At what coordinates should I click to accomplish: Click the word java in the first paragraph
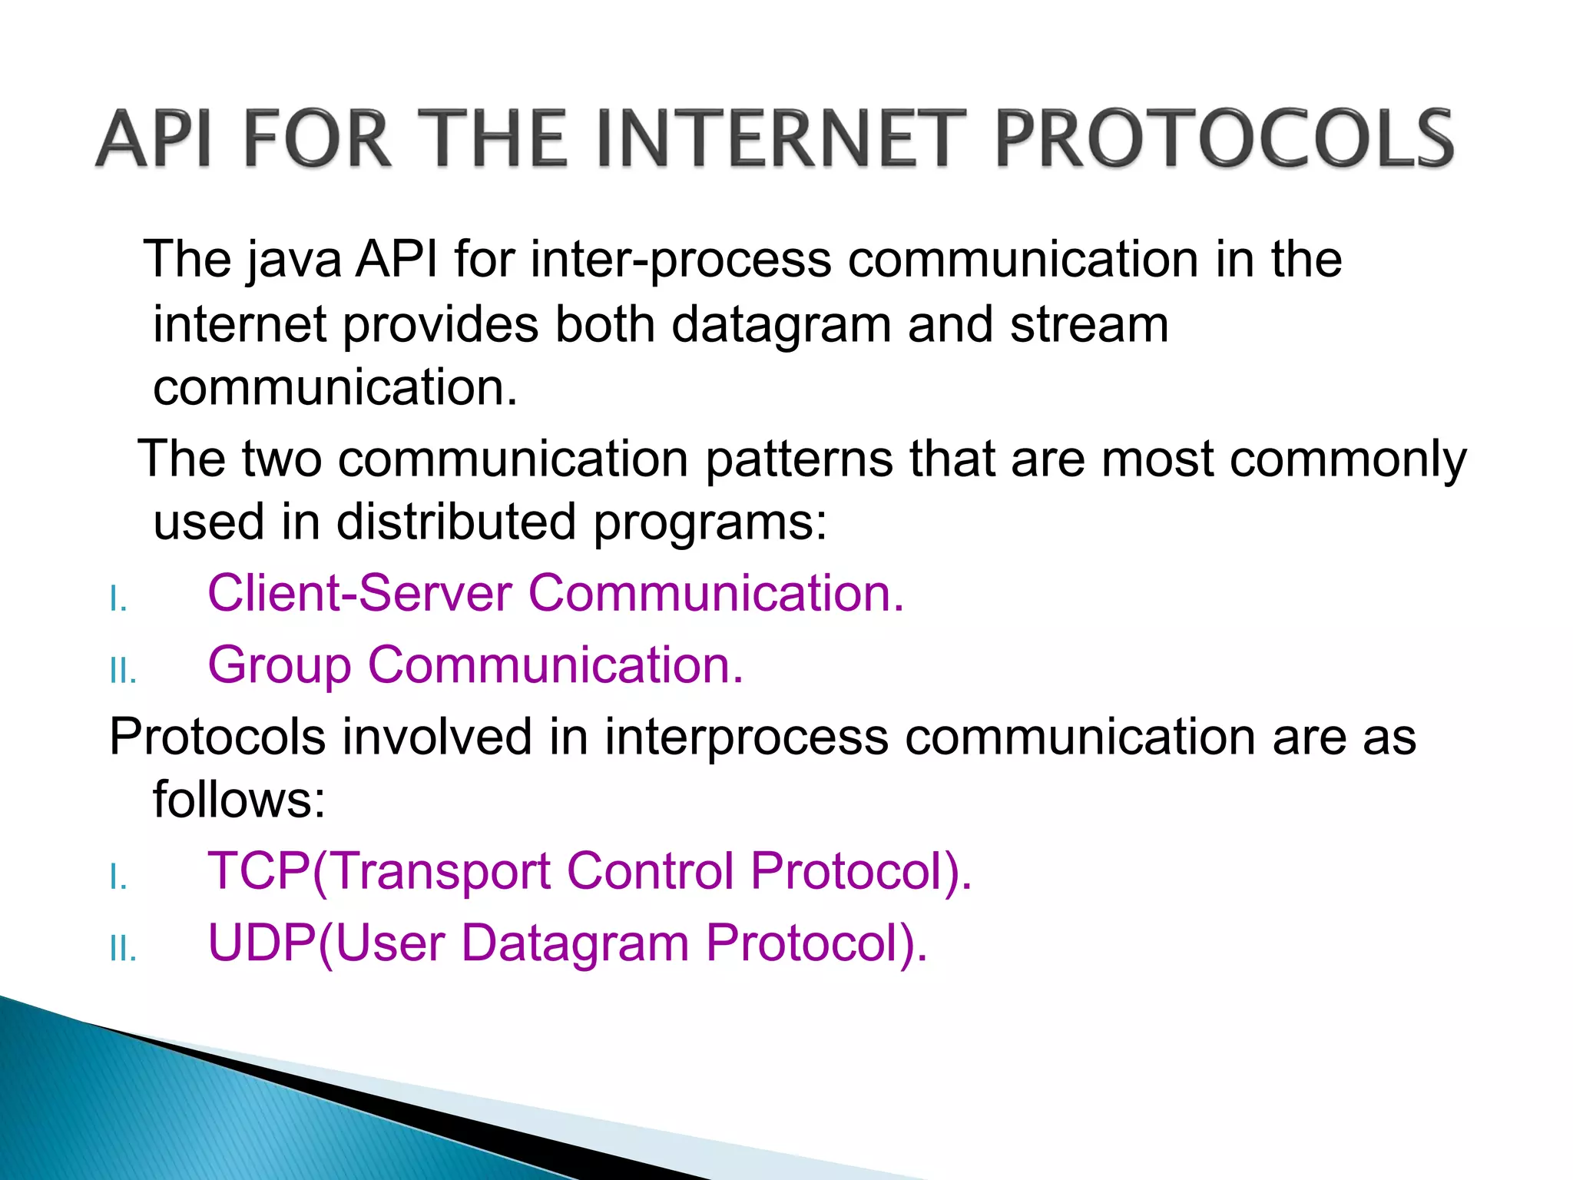294,260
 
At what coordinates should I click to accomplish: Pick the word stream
1089,324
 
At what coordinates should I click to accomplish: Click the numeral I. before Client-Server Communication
118,599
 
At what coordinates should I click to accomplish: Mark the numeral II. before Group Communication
123,671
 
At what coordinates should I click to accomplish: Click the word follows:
239,799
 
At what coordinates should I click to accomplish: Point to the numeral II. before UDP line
123,950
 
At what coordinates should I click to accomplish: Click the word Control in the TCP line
650,870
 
